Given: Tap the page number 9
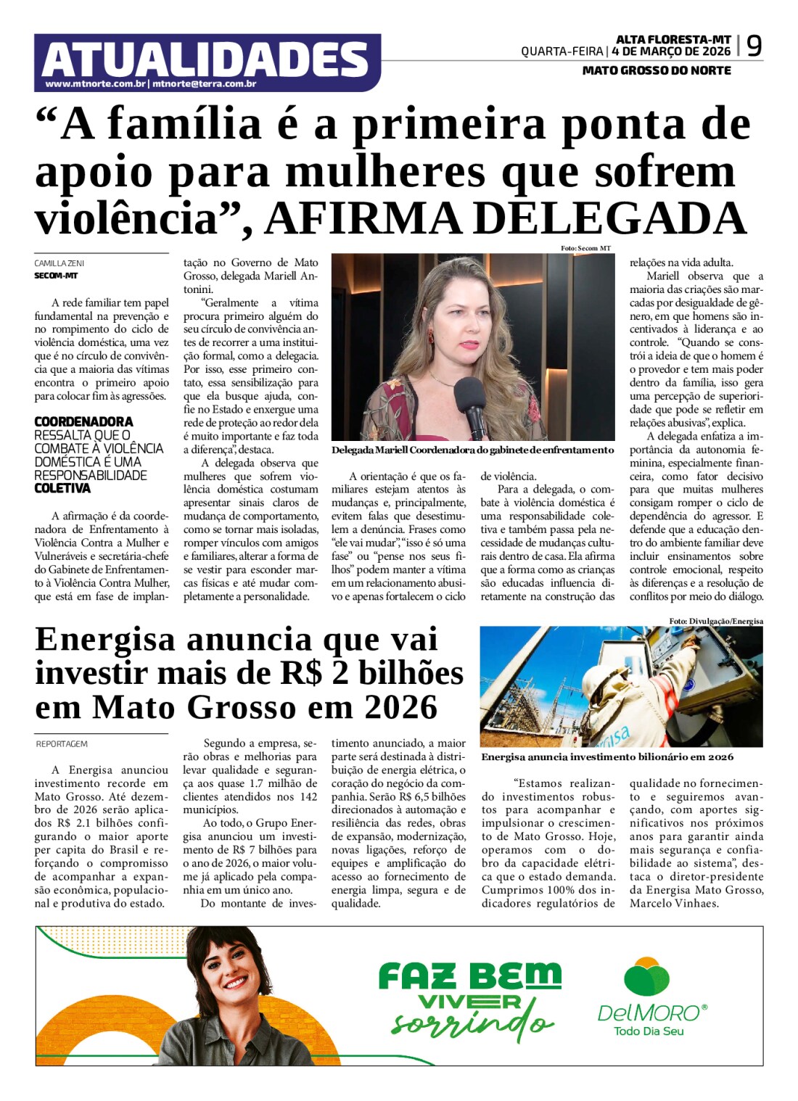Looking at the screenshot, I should click(x=754, y=46).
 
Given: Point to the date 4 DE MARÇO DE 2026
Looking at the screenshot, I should click(x=671, y=51).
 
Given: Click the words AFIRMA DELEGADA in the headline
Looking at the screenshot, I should click(x=506, y=218).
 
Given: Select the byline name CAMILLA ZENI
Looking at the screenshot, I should click(x=59, y=263).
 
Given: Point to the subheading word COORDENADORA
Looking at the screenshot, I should click(x=83, y=421).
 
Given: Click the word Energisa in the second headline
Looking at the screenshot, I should click(x=105, y=640).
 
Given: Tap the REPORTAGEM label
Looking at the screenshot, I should click(x=62, y=744).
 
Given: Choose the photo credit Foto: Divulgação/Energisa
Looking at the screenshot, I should click(x=716, y=621).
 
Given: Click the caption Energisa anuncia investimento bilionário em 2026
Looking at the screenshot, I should click(x=607, y=756).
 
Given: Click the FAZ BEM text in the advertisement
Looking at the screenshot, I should click(x=469, y=976).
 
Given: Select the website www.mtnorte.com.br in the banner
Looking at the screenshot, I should click(x=96, y=84).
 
